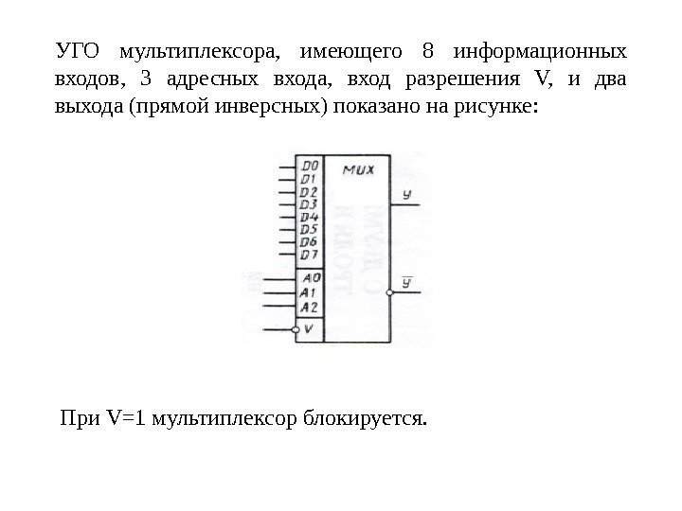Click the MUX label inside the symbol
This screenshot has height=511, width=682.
pos(358,171)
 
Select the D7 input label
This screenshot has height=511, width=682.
pos(309,255)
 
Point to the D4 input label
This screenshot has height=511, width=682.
pos(309,217)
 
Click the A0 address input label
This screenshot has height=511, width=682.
pos(310,279)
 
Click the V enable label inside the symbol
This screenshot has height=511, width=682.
pos(310,328)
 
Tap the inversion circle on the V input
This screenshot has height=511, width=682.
pos(296,329)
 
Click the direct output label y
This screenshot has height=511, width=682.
pos(406,194)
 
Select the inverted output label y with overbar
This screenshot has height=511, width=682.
pos(407,281)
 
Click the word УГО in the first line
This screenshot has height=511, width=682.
pos(74,49)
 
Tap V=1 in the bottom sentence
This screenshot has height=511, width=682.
pos(124,416)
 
